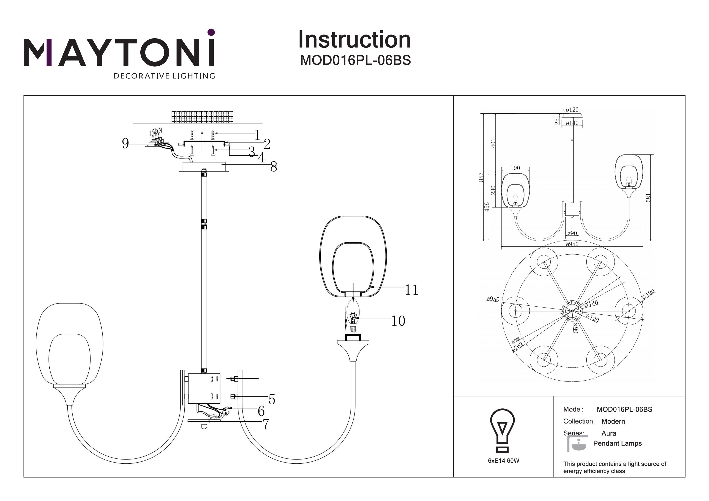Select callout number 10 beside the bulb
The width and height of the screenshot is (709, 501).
coord(398,321)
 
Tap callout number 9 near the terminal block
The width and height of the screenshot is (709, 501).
coord(125,143)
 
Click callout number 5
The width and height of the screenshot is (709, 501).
coord(272,399)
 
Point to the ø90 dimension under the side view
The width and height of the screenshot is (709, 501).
coord(572,233)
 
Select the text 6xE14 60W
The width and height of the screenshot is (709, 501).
coord(503,461)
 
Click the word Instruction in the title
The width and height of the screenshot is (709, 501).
coord(354,40)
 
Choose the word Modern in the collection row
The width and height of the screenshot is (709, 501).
coord(613,421)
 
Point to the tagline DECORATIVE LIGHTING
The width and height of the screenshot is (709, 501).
coord(164,76)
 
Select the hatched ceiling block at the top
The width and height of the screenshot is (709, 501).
coord(202,117)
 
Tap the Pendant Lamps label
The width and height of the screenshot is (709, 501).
coord(617,443)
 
